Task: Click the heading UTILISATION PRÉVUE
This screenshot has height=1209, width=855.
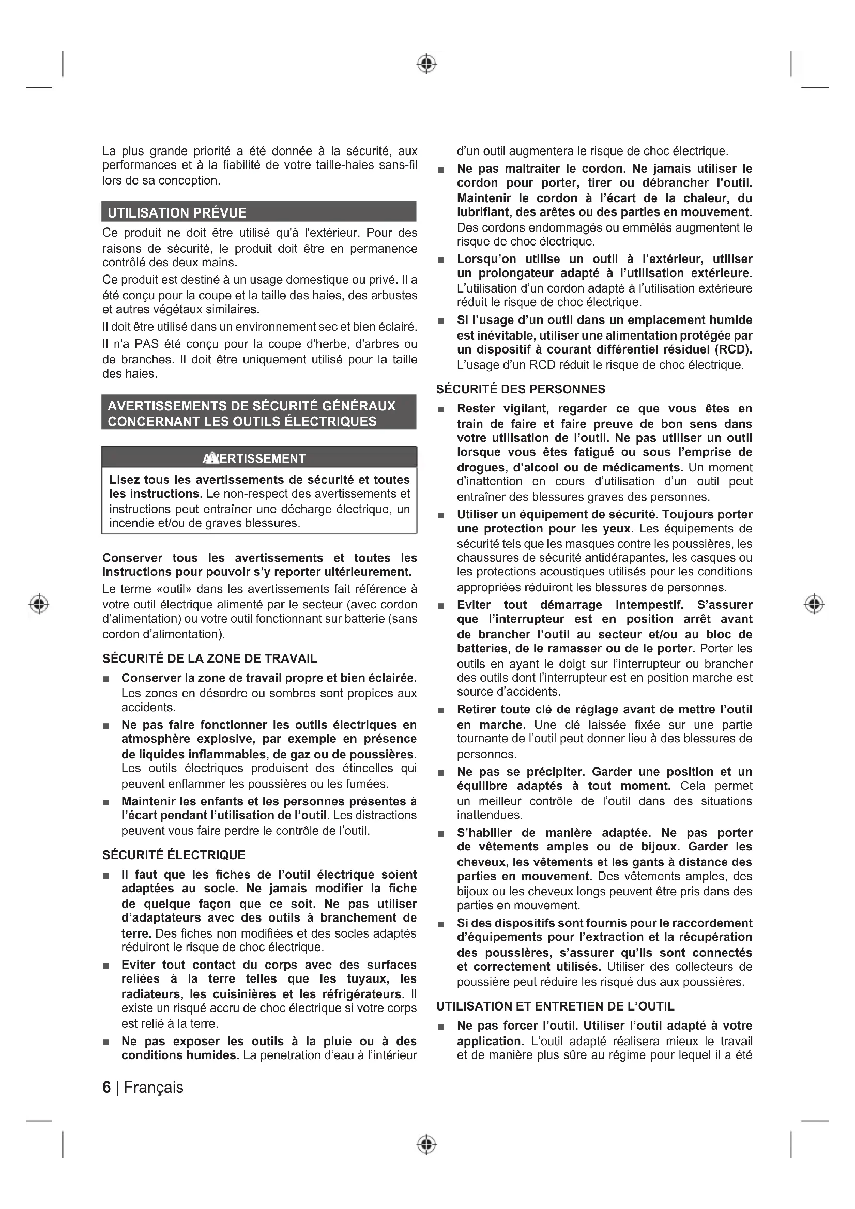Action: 177,213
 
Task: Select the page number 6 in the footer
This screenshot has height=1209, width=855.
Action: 107,1088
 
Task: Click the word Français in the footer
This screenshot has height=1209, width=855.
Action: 154,1088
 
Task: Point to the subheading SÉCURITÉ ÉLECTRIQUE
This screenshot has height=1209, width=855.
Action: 174,854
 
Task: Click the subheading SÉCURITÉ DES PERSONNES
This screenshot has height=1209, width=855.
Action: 521,389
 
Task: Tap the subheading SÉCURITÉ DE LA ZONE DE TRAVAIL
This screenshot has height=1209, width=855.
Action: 209,658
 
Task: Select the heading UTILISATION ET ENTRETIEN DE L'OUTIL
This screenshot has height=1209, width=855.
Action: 555,1006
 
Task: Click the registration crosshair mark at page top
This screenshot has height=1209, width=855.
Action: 427,64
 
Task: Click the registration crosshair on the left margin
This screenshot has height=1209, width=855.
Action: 39,603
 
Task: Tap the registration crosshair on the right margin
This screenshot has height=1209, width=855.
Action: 815,603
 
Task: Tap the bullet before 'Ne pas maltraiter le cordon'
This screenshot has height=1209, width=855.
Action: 441,170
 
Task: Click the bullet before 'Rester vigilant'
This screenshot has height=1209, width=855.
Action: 441,410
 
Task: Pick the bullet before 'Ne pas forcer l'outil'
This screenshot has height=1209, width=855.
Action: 441,1027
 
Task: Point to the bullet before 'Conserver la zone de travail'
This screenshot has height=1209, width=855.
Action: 106,678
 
